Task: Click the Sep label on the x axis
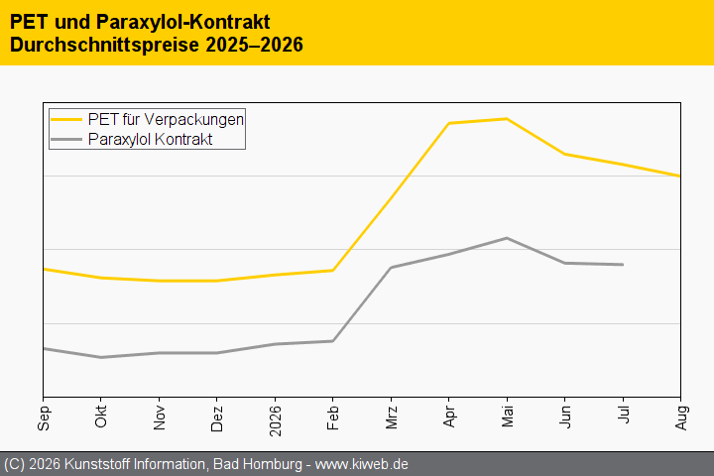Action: (44, 418)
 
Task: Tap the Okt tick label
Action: (100, 416)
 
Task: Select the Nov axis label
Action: (159, 418)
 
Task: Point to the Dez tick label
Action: (217, 419)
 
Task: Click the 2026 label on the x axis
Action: (275, 421)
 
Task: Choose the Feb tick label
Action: (333, 418)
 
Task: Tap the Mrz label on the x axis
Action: (391, 417)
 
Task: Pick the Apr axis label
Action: (449, 417)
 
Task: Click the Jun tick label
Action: (565, 417)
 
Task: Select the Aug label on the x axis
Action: (681, 418)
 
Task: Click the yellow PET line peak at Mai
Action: (507, 119)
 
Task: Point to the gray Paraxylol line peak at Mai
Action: (507, 238)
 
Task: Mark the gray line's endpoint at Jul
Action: (623, 264)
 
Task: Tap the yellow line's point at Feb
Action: (333, 271)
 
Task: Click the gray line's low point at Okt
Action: (100, 357)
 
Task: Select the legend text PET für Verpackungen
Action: (166, 119)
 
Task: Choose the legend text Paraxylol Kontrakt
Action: (151, 139)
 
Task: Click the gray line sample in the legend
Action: (66, 139)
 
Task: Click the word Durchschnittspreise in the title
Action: (105, 45)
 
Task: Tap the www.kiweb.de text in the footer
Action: (362, 464)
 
